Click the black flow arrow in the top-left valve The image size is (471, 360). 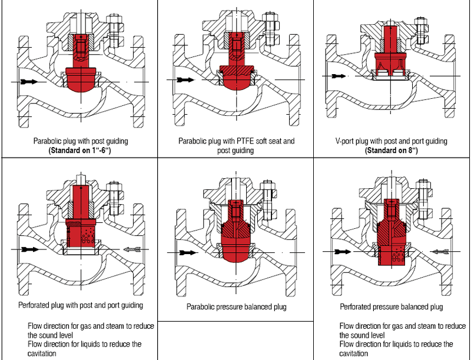[x=28, y=81]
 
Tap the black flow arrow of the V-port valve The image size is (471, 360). [x=337, y=76]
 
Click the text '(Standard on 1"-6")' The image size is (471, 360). [x=80, y=150]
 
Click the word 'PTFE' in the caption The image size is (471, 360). [x=243, y=141]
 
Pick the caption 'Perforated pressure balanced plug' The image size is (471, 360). [x=392, y=306]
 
